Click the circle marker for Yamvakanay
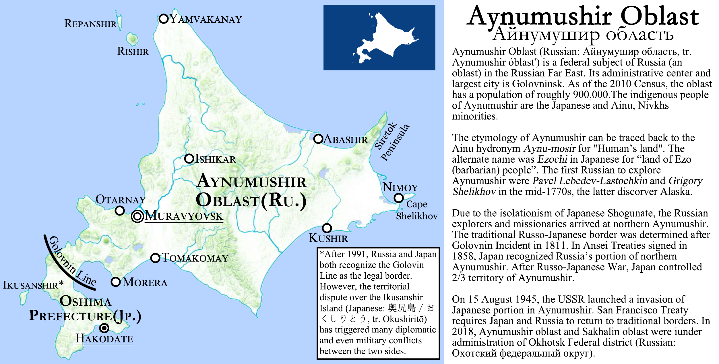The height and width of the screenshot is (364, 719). click(164, 19)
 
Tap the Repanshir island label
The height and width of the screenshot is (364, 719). click(90, 24)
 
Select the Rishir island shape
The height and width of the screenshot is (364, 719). click(132, 39)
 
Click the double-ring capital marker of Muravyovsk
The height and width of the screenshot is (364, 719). click(137, 216)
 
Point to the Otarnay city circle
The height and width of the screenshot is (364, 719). click(120, 211)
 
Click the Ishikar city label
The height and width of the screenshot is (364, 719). click(215, 159)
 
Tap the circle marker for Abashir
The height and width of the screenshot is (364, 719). click(318, 139)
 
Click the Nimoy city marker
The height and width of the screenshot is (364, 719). click(398, 198)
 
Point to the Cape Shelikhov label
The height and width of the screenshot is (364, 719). click(417, 210)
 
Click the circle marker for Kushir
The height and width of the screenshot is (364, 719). click(327, 228)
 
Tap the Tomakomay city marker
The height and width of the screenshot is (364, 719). click(155, 258)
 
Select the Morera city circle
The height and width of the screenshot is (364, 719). click(116, 282)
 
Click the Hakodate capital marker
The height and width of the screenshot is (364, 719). click(104, 328)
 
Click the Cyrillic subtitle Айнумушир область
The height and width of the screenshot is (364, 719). click(583, 34)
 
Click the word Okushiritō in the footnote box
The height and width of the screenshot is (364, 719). click(404, 319)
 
